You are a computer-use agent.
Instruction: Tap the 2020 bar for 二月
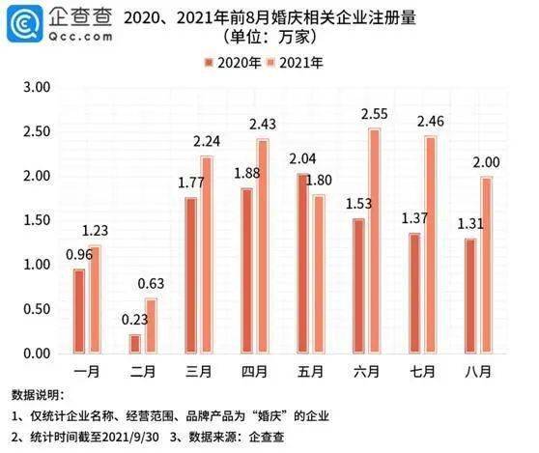pyautogui.click(x=134, y=343)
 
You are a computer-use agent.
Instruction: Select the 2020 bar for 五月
pyautogui.click(x=301, y=263)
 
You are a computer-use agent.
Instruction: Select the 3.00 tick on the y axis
pyautogui.click(x=35, y=87)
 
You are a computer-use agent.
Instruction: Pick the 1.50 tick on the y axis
pyautogui.click(x=35, y=220)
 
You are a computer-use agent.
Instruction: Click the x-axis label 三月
pyautogui.click(x=201, y=370)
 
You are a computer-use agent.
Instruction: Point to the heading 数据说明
pyautogui.click(x=36, y=395)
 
